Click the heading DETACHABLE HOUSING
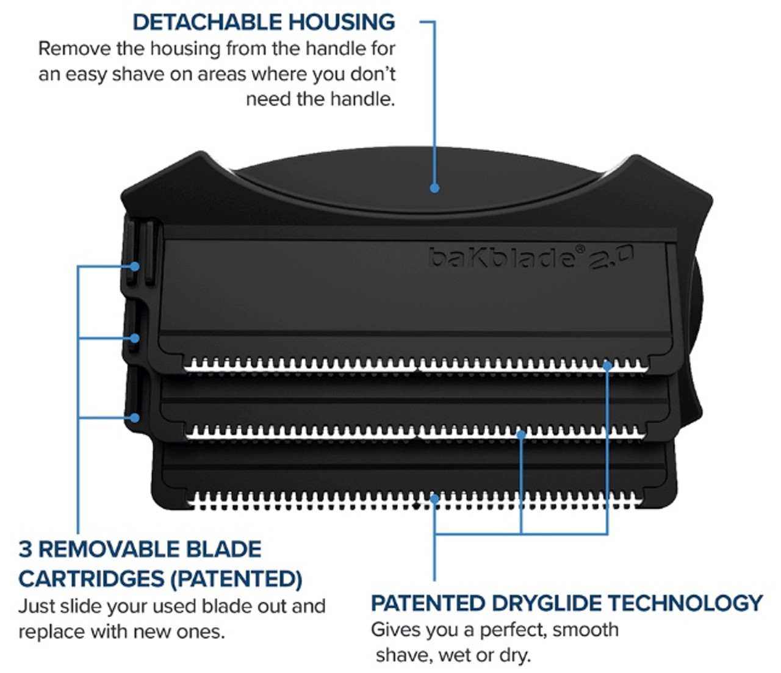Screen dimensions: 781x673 click(264, 22)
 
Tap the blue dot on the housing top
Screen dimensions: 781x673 click(434, 188)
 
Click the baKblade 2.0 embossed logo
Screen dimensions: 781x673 click(531, 257)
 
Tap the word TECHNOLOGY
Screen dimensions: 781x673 click(685, 603)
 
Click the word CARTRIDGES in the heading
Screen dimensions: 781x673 click(91, 578)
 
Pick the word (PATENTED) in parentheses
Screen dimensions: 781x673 click(236, 578)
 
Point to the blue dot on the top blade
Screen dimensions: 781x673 click(607, 365)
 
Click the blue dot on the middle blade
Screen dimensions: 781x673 click(521, 434)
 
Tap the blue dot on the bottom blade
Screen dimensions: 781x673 click(434, 499)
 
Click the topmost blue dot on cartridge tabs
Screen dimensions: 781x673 click(135, 267)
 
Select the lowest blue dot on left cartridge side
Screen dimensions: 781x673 click(135, 418)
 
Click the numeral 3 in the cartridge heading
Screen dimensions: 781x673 click(25, 549)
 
